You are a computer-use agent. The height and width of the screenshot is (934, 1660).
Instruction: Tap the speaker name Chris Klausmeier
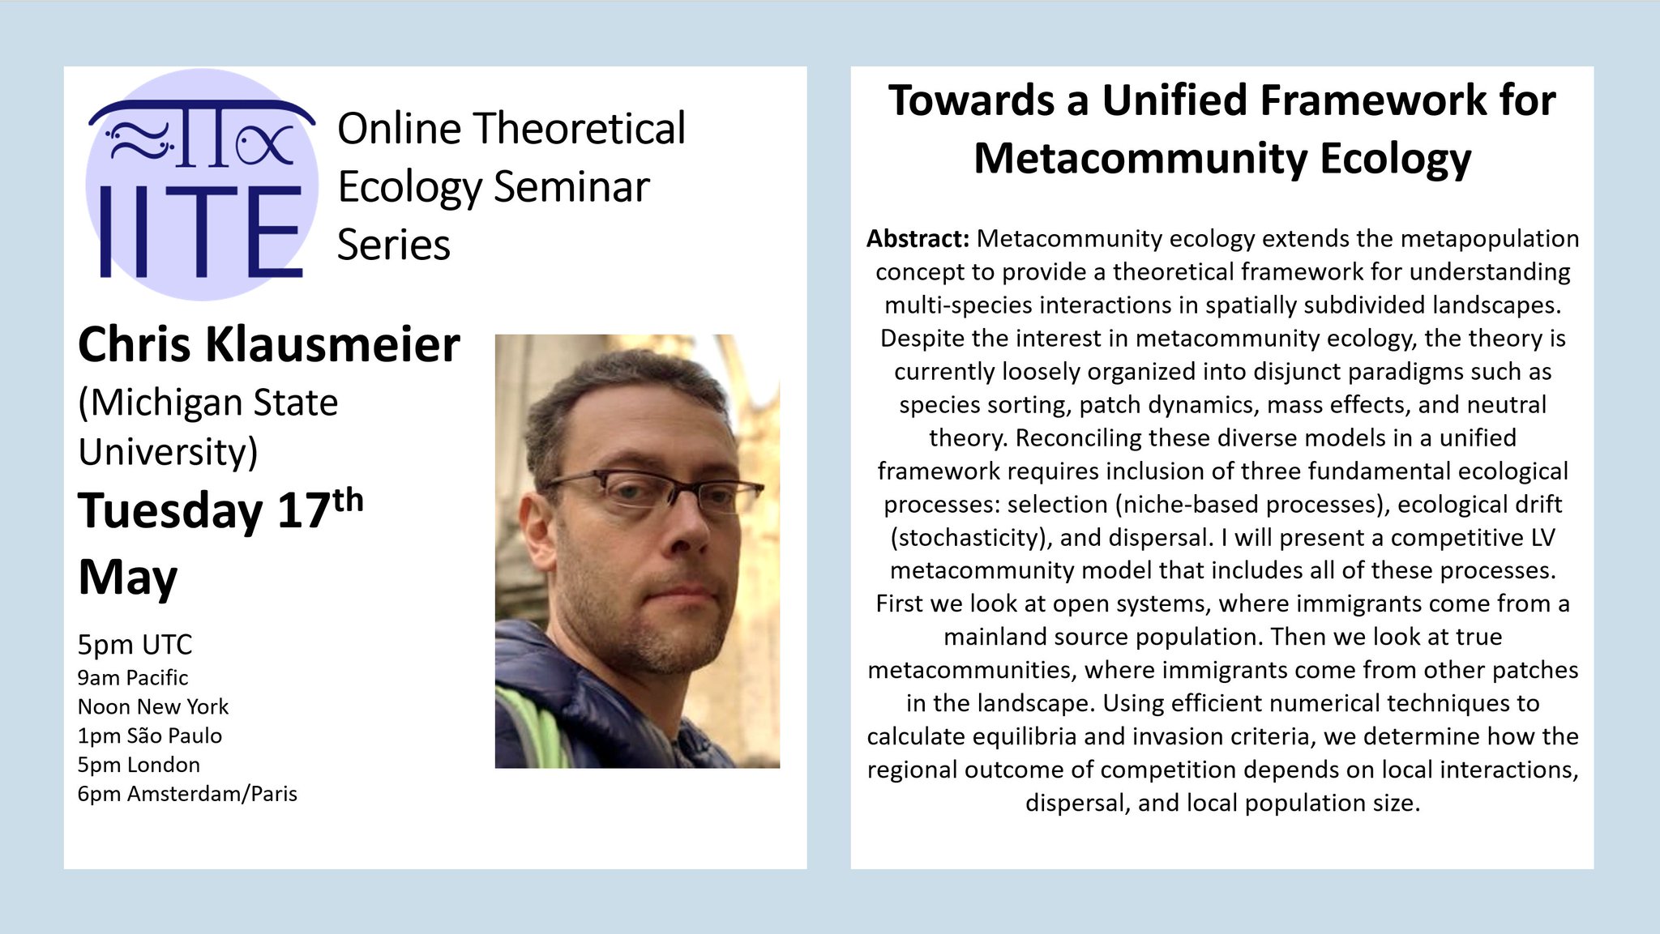[x=268, y=345]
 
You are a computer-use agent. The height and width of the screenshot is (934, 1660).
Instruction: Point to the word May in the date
[x=127, y=578]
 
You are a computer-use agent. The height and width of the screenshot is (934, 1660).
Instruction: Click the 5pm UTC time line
[x=135, y=645]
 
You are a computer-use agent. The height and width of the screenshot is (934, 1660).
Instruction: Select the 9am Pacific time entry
[x=133, y=678]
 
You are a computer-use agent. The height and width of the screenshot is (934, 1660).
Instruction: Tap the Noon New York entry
[x=153, y=707]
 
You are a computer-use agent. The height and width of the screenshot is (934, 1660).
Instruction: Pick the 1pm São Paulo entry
[x=150, y=736]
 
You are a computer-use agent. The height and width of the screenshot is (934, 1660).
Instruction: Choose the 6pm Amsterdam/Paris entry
[x=187, y=794]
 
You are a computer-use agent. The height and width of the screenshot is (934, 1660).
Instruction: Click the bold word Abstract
[x=918, y=239]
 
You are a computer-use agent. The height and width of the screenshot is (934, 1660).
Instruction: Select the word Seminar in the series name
[x=571, y=187]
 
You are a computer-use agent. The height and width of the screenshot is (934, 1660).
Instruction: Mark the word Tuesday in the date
[x=170, y=512]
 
